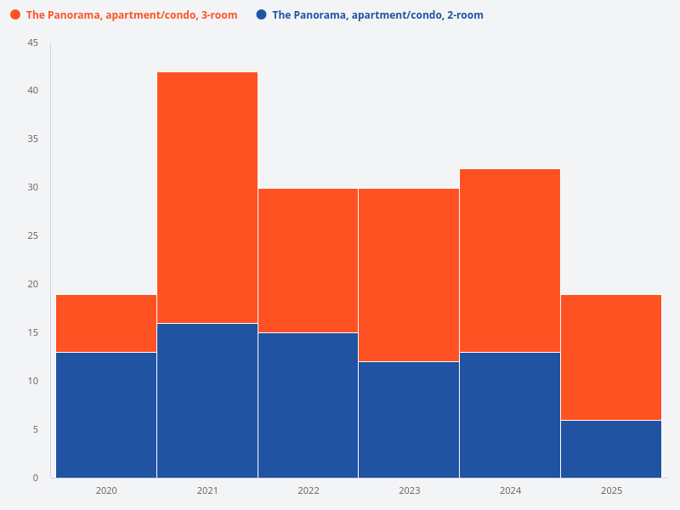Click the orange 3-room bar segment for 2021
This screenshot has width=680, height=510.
[207, 197]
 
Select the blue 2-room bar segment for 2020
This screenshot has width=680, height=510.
[106, 415]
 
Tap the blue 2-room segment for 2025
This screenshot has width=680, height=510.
[611, 449]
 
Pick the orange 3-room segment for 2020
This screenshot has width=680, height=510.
[106, 323]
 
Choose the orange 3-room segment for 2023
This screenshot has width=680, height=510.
[409, 275]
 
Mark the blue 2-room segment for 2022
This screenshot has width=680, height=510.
[308, 405]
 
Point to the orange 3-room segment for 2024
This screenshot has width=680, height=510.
[510, 260]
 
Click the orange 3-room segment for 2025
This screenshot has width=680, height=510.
[611, 357]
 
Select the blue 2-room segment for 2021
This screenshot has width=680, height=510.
[207, 400]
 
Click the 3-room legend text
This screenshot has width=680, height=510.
[132, 15]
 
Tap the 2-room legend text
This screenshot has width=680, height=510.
[377, 15]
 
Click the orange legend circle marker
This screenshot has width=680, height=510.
[15, 15]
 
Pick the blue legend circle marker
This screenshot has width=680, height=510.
[261, 15]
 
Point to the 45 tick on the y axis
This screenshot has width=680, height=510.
[33, 42]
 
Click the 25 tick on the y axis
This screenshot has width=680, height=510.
[33, 235]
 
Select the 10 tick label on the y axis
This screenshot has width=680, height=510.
[33, 381]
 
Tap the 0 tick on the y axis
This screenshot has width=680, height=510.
[36, 478]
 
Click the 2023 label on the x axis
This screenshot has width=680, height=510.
[409, 490]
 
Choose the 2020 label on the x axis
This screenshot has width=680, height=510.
[106, 490]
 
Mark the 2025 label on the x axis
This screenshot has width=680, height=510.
[611, 490]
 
